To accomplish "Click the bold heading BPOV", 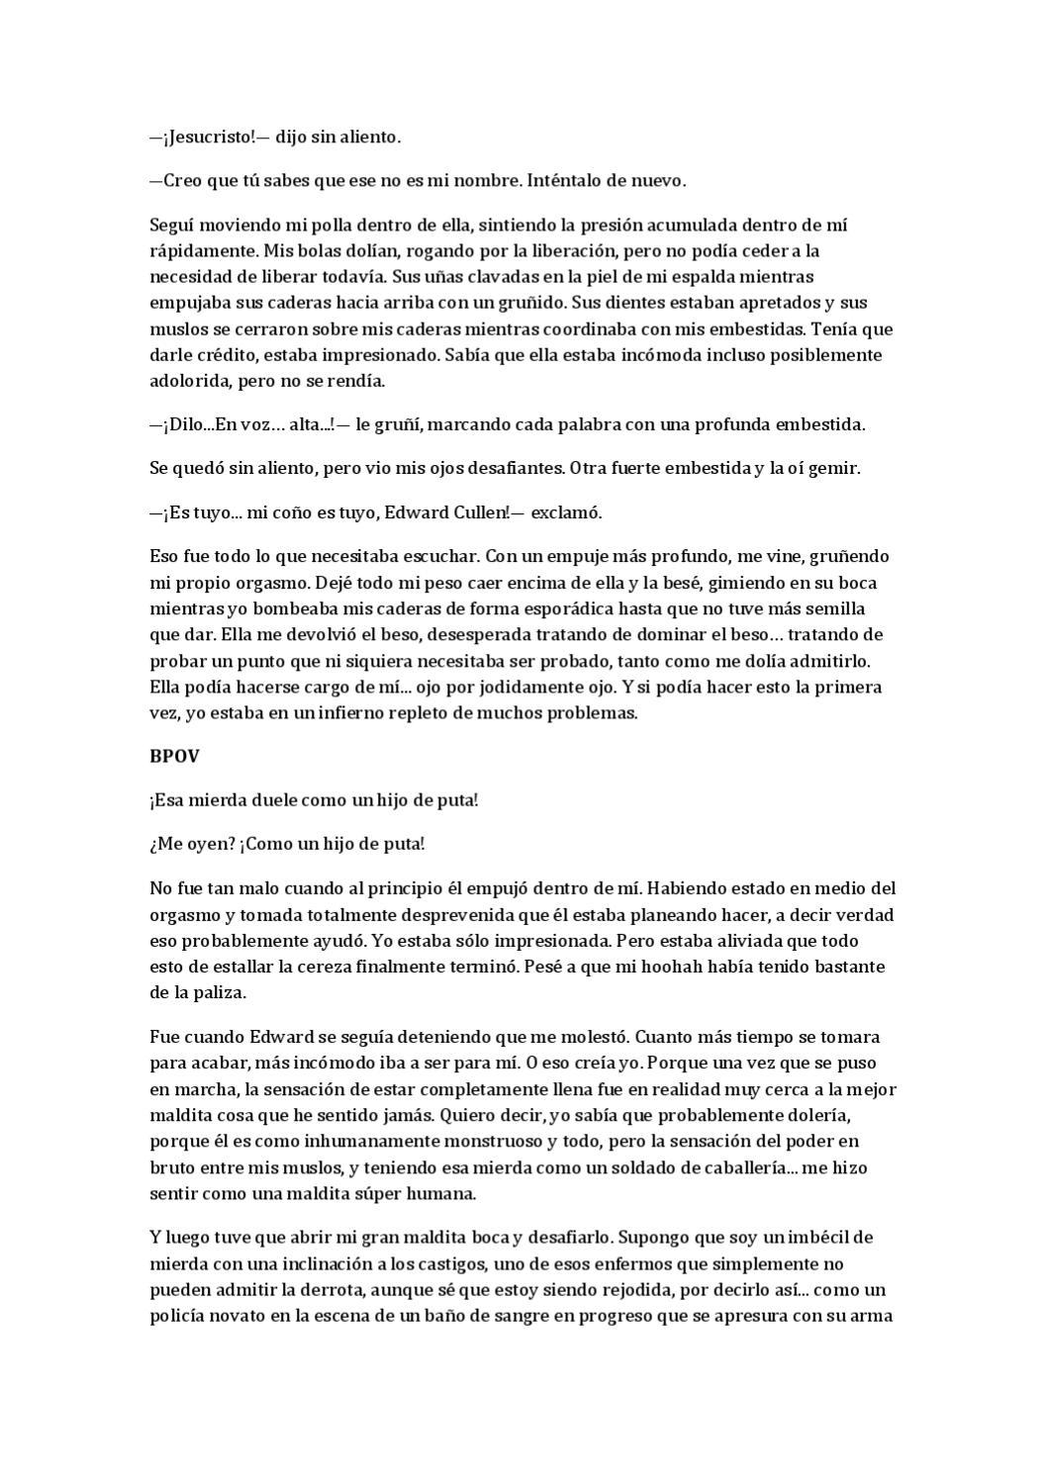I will (174, 756).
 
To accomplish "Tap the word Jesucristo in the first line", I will (205, 138).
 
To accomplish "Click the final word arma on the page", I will (876, 1316).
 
